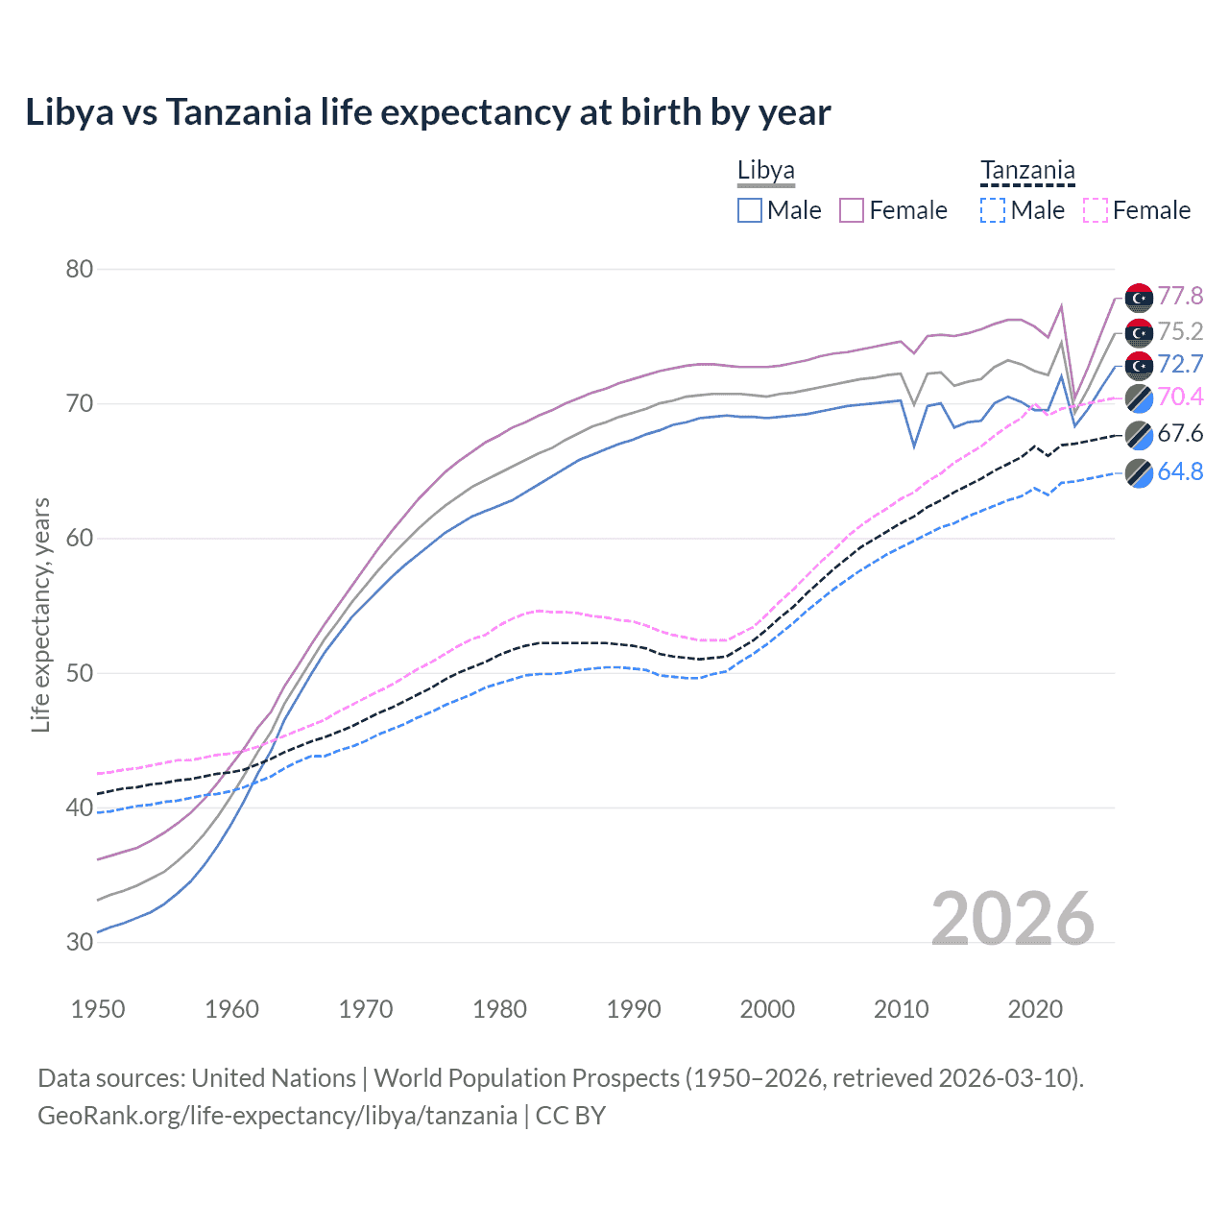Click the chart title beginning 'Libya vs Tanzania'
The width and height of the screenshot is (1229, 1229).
click(x=428, y=112)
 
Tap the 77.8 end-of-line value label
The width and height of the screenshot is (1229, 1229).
click(x=1180, y=296)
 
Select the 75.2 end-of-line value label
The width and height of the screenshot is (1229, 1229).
click(x=1180, y=331)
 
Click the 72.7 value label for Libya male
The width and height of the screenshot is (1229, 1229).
click(x=1180, y=364)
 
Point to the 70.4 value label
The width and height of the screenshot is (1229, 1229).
click(x=1180, y=397)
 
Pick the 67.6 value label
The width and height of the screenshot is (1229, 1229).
click(x=1180, y=433)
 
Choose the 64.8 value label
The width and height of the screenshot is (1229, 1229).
click(x=1180, y=471)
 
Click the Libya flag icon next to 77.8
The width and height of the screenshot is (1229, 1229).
click(x=1139, y=298)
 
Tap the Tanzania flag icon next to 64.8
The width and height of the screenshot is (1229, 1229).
click(x=1139, y=473)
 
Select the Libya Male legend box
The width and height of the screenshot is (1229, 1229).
click(x=750, y=210)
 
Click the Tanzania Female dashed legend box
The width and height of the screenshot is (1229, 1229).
click(x=1096, y=210)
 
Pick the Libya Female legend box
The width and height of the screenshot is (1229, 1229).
click(x=852, y=210)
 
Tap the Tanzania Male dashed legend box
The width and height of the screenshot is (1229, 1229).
click(x=993, y=210)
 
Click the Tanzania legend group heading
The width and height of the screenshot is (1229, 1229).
click(x=1027, y=171)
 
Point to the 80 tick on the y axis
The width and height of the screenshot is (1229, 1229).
click(x=80, y=269)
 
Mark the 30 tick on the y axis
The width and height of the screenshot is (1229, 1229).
click(x=80, y=942)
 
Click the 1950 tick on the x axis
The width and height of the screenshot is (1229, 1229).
click(x=98, y=1009)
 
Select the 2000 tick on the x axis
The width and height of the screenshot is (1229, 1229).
click(x=767, y=1009)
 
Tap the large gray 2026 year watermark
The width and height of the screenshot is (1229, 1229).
click(x=1013, y=919)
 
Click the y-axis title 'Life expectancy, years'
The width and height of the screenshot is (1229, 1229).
click(x=40, y=614)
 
